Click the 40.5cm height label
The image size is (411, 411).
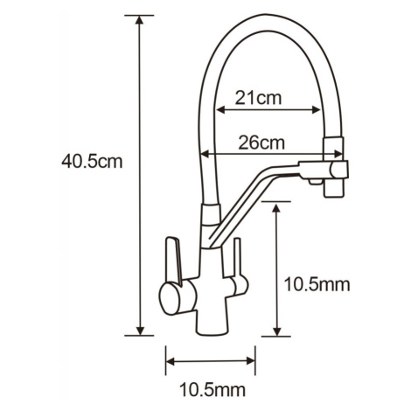point(92,162)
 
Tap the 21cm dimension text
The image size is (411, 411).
point(258,98)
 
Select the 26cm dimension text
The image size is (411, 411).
point(261,143)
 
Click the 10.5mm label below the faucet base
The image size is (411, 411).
point(212,390)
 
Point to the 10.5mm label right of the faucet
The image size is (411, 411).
point(317,284)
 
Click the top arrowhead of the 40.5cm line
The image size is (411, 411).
point(140,20)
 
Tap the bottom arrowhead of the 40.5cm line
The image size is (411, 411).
point(140,331)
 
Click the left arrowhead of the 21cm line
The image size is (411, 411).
point(221,110)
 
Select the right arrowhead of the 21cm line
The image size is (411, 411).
point(316,110)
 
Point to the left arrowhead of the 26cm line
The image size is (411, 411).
point(205,154)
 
